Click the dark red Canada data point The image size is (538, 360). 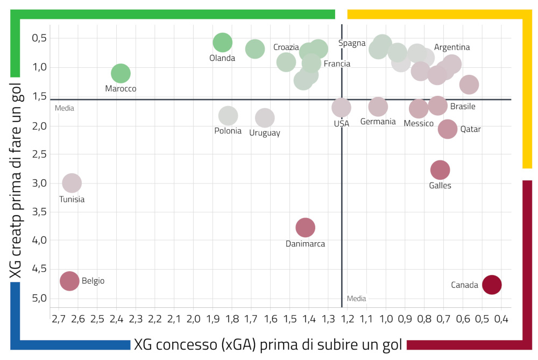click(492, 285)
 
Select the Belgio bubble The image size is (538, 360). click(69, 280)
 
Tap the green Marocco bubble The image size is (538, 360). click(121, 73)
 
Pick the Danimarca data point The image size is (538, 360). click(305, 227)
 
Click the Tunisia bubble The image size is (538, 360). click(72, 183)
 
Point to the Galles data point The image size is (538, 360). click(440, 170)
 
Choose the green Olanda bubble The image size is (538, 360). click(222, 42)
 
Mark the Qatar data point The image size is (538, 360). click(448, 129)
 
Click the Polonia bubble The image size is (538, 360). click(228, 115)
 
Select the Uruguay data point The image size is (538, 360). click(265, 117)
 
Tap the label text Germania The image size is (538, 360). click(378, 122)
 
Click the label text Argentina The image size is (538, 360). click(452, 47)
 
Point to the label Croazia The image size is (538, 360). click(286, 47)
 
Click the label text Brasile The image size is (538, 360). click(463, 107)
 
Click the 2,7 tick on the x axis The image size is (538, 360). click(58, 320)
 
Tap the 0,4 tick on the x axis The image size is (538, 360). click(501, 320)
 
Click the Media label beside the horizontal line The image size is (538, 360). click(65, 108)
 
